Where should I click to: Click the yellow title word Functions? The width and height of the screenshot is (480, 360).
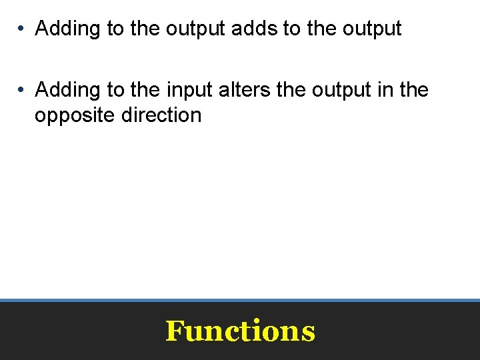tap(240, 331)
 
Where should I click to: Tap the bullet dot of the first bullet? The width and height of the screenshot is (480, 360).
tap(22, 29)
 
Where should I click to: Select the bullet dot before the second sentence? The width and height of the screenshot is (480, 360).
tap(22, 89)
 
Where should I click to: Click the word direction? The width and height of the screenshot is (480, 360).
tap(161, 115)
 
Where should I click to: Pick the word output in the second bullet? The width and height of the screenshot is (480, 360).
tap(343, 89)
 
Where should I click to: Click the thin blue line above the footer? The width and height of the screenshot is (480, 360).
tap(240, 300)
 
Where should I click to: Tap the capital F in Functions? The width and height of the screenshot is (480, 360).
tap(175, 331)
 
